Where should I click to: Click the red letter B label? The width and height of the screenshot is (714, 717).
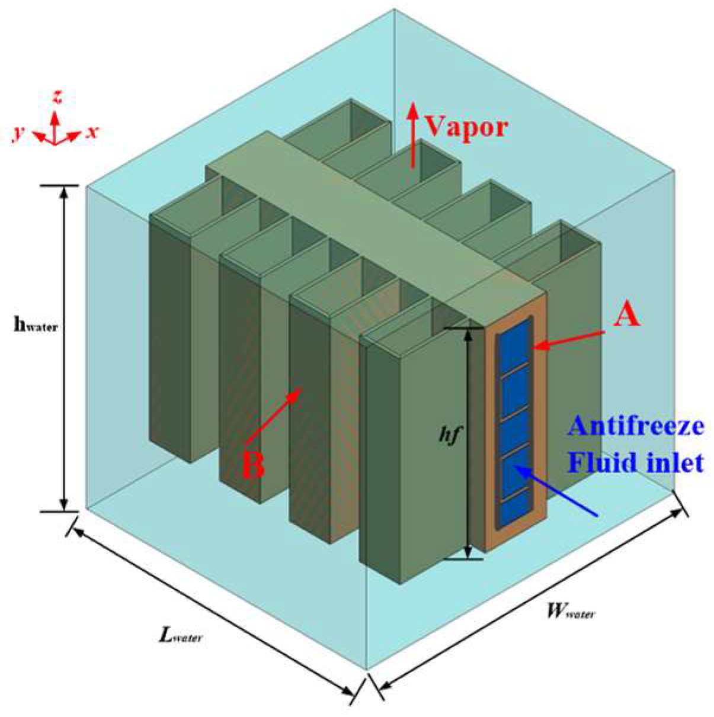(x=253, y=466)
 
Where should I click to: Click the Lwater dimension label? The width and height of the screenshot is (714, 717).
(x=180, y=635)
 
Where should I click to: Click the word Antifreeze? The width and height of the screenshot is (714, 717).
(x=635, y=426)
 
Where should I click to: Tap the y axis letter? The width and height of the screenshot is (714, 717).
(x=20, y=133)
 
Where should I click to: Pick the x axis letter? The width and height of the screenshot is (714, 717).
(x=91, y=132)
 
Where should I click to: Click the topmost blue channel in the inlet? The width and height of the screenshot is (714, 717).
(x=514, y=348)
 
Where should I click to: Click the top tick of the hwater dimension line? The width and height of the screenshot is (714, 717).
(x=59, y=185)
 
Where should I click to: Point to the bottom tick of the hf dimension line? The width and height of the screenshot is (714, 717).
(x=468, y=558)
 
